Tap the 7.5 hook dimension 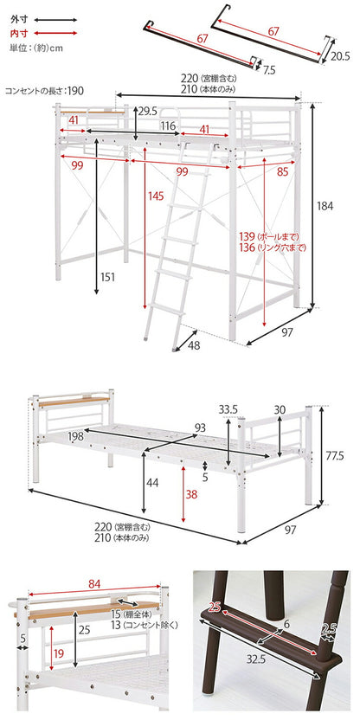pyautogui.click(x=270, y=69)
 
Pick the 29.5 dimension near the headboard pyautogui.click(x=148, y=111)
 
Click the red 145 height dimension pyautogui.click(x=156, y=196)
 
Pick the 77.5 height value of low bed pyautogui.click(x=337, y=453)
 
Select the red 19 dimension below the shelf pyautogui.click(x=56, y=654)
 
